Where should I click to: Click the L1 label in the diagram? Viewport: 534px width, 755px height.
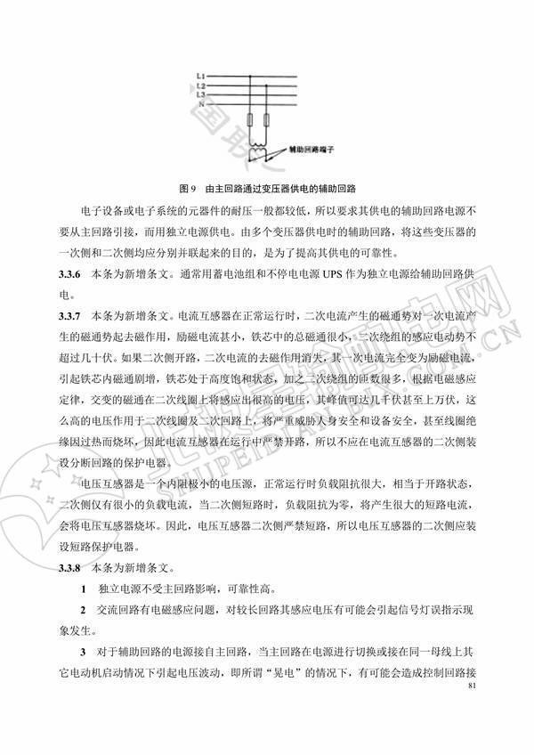201,76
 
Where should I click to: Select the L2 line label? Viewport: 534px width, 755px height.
201,85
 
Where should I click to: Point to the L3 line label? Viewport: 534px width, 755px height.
201,93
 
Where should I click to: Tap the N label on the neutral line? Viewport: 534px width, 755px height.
201,104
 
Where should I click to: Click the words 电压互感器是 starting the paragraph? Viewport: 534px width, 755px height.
111,483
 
